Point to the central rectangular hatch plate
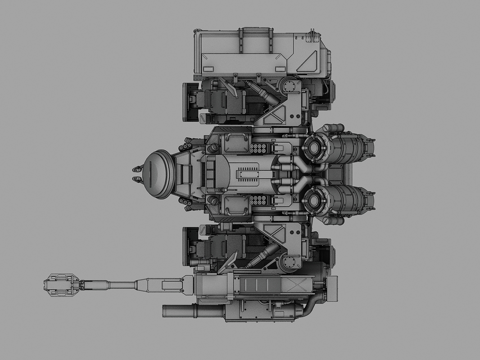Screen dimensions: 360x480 pyautogui.click(x=249, y=173)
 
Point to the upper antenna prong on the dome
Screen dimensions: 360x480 pyautogui.click(x=136, y=169)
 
